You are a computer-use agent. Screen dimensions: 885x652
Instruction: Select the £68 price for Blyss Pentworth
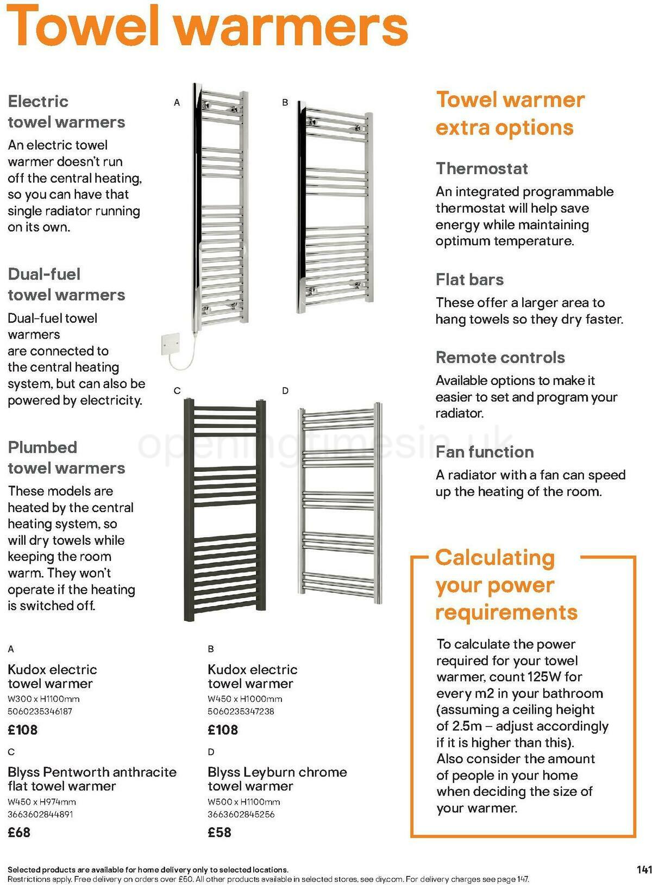(x=19, y=832)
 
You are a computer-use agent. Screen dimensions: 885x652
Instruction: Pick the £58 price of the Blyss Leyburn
(x=220, y=832)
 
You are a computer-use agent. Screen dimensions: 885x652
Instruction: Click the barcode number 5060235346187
(x=40, y=711)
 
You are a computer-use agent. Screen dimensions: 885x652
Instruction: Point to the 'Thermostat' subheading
(x=481, y=169)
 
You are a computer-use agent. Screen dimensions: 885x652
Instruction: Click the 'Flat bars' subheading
(x=469, y=279)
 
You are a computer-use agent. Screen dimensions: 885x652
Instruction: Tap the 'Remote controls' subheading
(x=500, y=357)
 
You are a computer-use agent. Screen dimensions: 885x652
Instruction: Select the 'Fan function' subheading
(x=485, y=452)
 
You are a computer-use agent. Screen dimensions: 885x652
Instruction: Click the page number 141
(x=643, y=870)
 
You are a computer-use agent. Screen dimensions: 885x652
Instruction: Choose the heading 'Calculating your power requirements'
(x=505, y=585)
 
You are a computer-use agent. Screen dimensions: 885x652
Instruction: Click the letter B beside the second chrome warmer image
(x=285, y=102)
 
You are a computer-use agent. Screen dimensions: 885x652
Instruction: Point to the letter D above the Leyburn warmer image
(x=285, y=390)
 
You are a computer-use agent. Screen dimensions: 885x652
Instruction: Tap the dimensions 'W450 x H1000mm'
(x=244, y=699)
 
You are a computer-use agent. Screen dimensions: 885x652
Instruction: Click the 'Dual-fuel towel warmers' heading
(x=66, y=284)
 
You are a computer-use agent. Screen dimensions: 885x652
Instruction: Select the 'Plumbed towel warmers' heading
(x=66, y=457)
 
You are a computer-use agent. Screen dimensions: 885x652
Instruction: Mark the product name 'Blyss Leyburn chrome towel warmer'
(x=277, y=778)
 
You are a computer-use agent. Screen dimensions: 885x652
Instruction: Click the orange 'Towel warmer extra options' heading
(x=510, y=114)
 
